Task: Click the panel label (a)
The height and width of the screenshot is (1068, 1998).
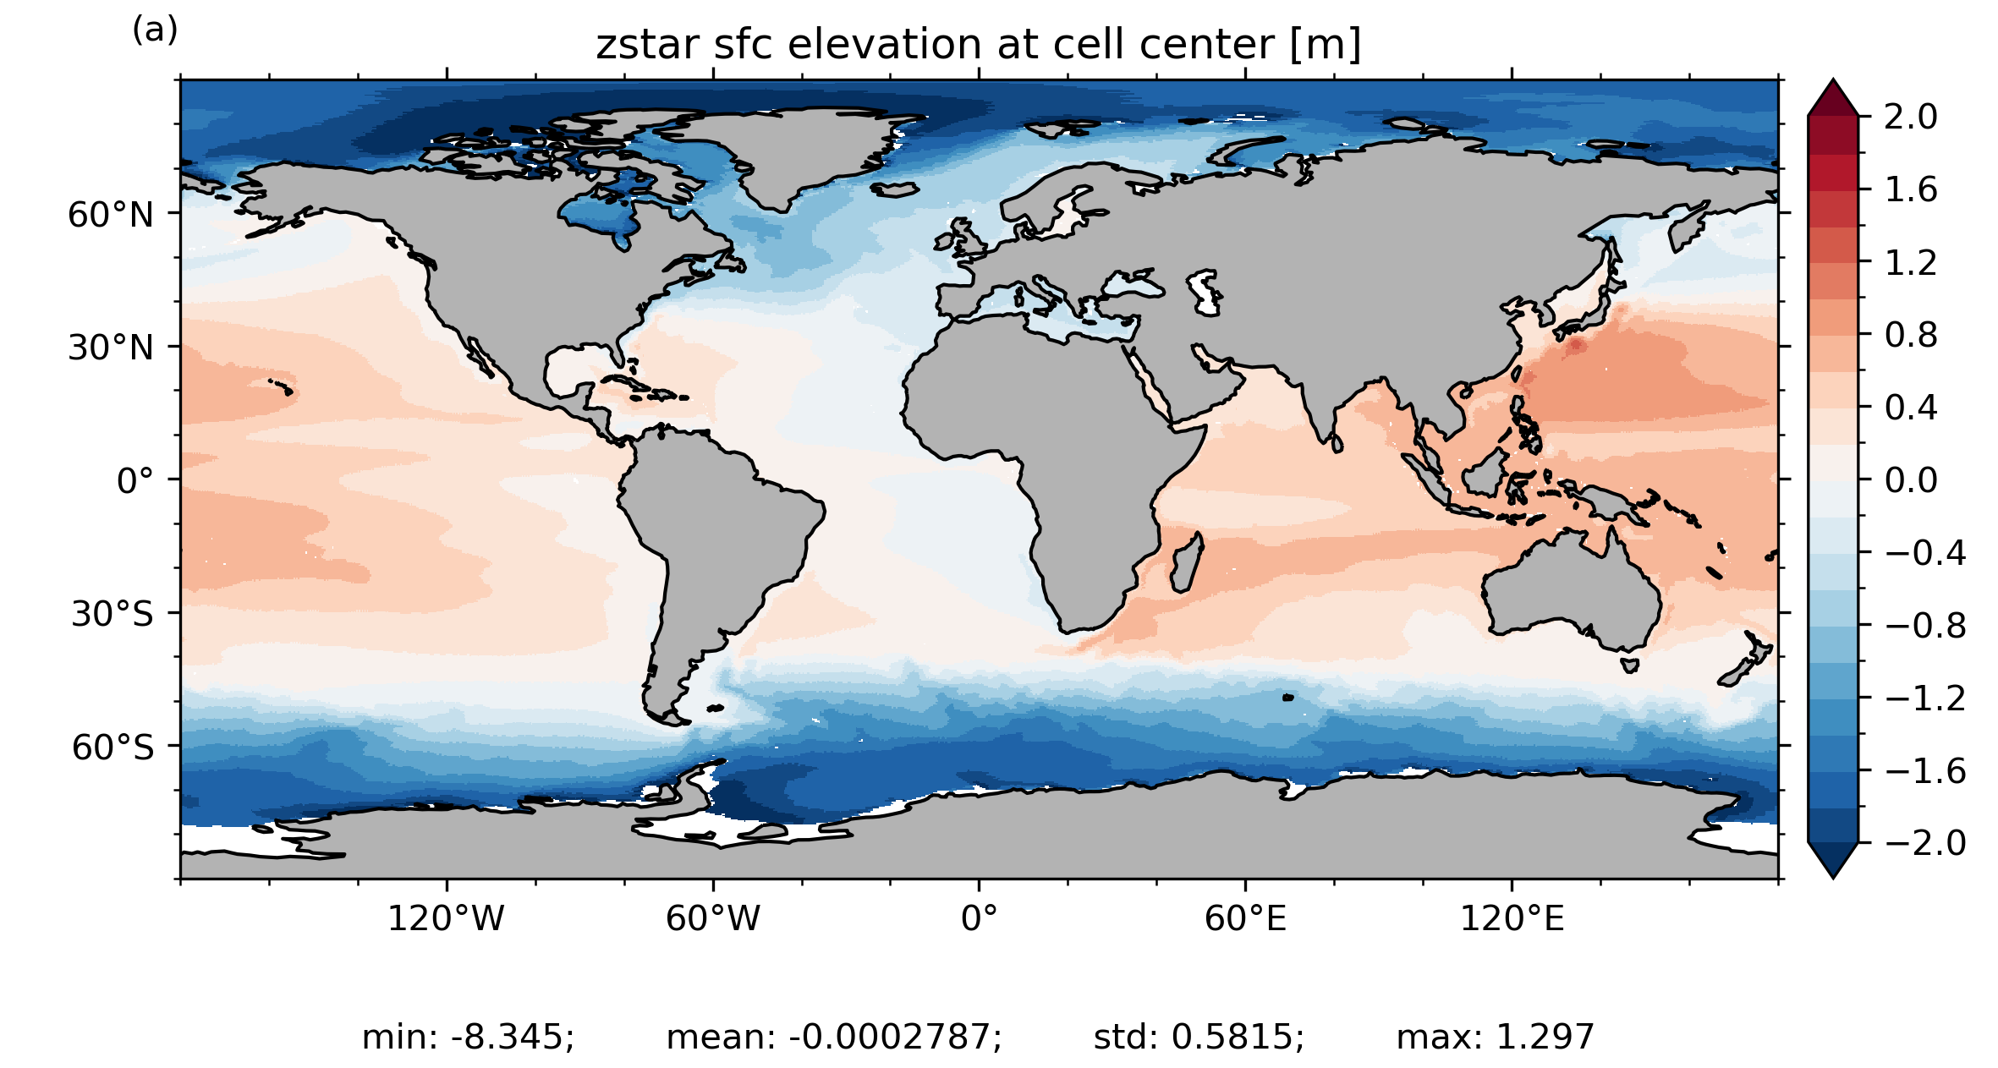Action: [155, 30]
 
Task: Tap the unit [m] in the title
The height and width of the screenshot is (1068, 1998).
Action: [1326, 46]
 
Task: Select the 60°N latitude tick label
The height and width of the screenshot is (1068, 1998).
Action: [111, 215]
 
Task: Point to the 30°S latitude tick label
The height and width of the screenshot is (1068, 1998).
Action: [113, 614]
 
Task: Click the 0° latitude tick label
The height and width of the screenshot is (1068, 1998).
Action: [135, 481]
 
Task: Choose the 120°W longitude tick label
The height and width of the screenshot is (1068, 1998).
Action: [446, 918]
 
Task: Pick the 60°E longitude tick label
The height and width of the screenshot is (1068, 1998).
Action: [1245, 918]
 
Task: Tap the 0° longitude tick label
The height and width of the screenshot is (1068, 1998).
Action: [979, 918]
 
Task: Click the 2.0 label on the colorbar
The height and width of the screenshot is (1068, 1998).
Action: [1911, 117]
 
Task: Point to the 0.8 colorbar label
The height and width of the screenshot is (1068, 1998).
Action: [1911, 335]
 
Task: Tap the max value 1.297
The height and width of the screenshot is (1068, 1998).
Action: [1545, 1037]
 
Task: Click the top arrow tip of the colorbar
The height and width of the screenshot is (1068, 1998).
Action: [1833, 81]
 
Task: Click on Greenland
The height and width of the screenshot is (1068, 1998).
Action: [787, 152]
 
